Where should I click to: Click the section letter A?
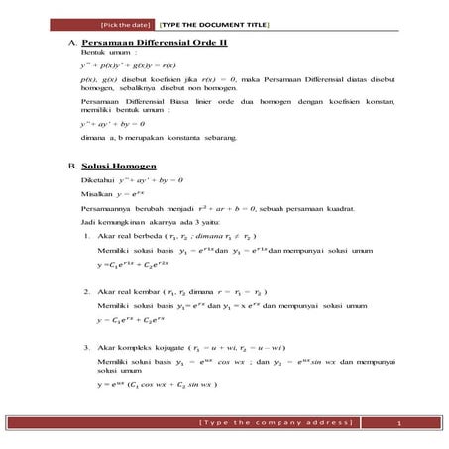[x=72, y=45]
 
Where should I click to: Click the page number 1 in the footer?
[x=396, y=424]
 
